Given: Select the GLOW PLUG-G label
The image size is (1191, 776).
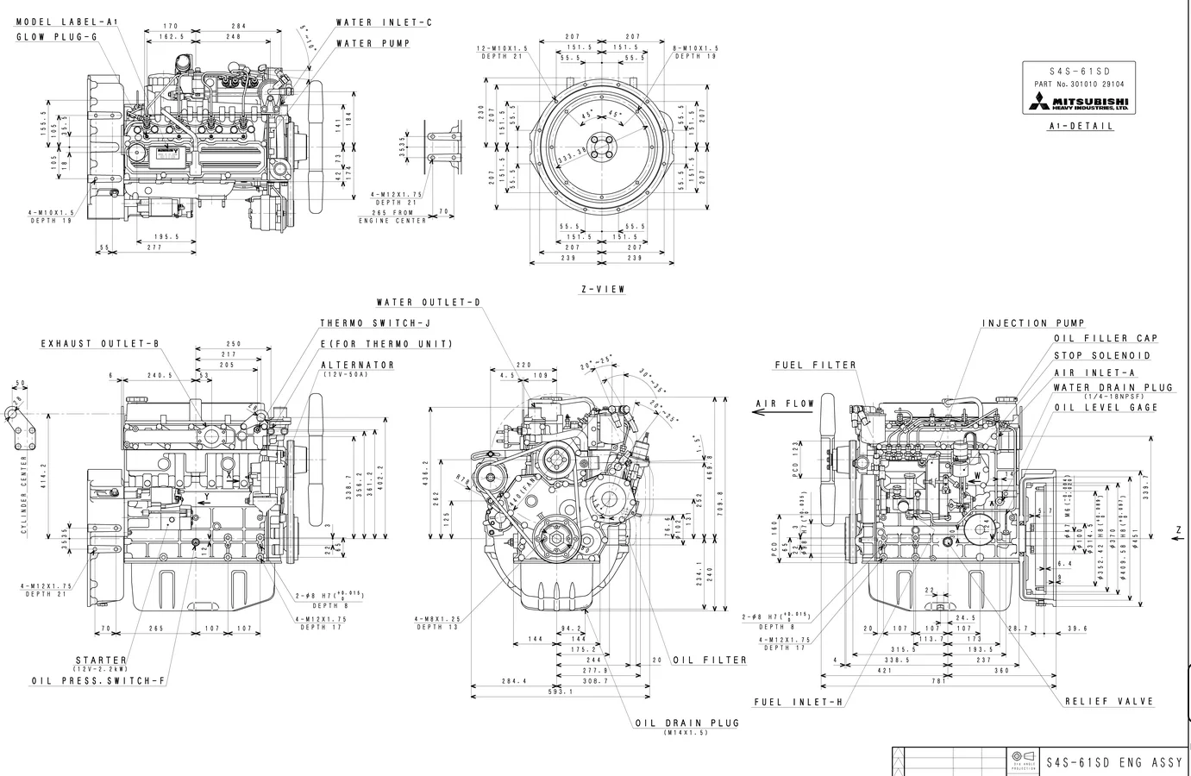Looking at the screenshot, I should coord(62,37).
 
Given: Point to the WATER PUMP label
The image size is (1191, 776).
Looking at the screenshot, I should coord(373,43).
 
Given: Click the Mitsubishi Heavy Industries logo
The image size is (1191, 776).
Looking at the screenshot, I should coord(1080,103).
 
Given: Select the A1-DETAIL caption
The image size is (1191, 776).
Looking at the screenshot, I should coord(1081,126).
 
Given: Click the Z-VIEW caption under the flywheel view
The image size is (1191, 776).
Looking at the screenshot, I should coord(602,290).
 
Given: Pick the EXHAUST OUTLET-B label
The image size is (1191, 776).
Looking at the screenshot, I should coord(100,344).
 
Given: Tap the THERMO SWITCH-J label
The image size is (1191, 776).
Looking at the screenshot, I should coord(374,323).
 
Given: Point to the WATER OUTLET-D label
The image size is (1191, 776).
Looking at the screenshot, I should coord(428,303).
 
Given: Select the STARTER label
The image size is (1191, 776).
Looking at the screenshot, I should coord(101,660).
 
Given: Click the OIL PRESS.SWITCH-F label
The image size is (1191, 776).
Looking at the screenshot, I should coord(97,681).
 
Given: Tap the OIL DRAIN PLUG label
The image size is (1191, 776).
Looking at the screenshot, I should coord(686,723).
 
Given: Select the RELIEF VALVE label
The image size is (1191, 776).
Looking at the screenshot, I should coord(1108,702).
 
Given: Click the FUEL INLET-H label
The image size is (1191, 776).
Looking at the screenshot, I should coord(798,702).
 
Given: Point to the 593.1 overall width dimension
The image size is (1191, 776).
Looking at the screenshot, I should coord(561,692).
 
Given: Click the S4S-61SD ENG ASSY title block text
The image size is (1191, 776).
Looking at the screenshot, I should coord(1113,762).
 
